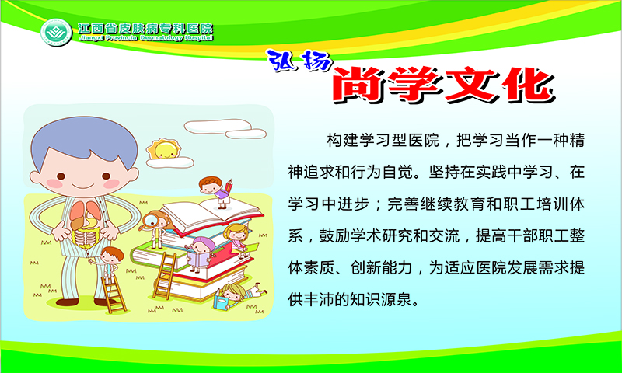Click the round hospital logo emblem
click(x=56, y=32)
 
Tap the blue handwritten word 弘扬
click(x=299, y=61)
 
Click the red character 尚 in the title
click(x=359, y=85)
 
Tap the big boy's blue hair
click(x=84, y=141)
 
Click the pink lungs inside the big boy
click(x=85, y=214)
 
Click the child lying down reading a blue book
click(x=239, y=296)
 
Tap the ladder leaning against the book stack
click(x=165, y=275)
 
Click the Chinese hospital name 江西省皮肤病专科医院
click(x=145, y=28)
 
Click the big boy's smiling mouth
click(x=83, y=185)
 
